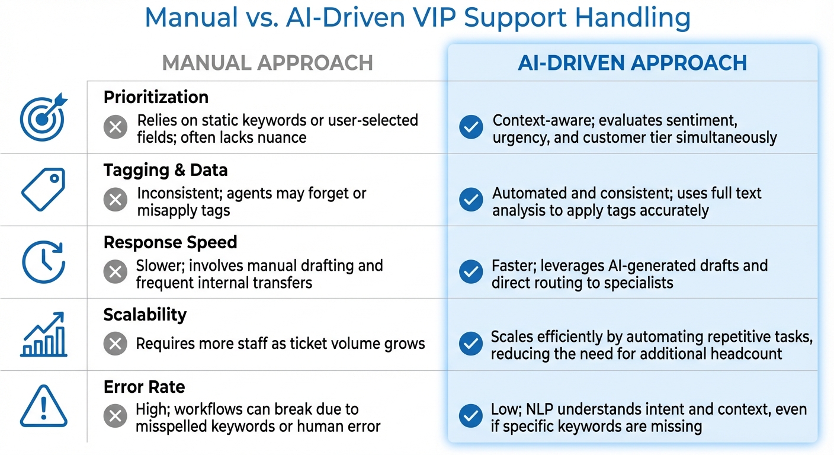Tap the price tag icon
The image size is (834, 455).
point(44,189)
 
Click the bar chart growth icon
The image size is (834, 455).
point(44,335)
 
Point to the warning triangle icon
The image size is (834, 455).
point(44,407)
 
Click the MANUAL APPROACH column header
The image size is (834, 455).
point(267,63)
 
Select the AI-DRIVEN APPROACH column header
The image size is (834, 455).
point(632,63)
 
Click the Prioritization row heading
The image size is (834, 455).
point(156,97)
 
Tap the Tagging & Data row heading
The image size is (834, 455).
point(165,170)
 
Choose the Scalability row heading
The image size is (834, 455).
point(145,315)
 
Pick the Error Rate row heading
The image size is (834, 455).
point(144,387)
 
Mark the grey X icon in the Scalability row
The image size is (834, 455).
point(115,344)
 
